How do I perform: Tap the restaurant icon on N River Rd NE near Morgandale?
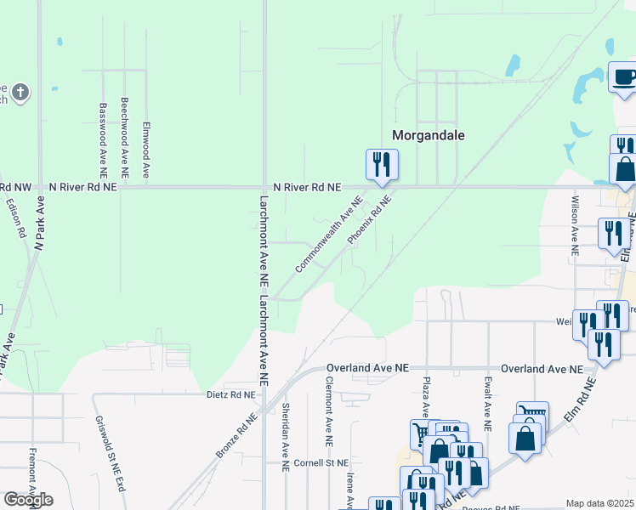pyautogui.click(x=381, y=164)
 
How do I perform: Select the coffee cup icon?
pyautogui.click(x=624, y=79)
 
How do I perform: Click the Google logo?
pyautogui.click(x=28, y=499)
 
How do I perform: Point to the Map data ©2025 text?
pyautogui.click(x=600, y=503)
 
